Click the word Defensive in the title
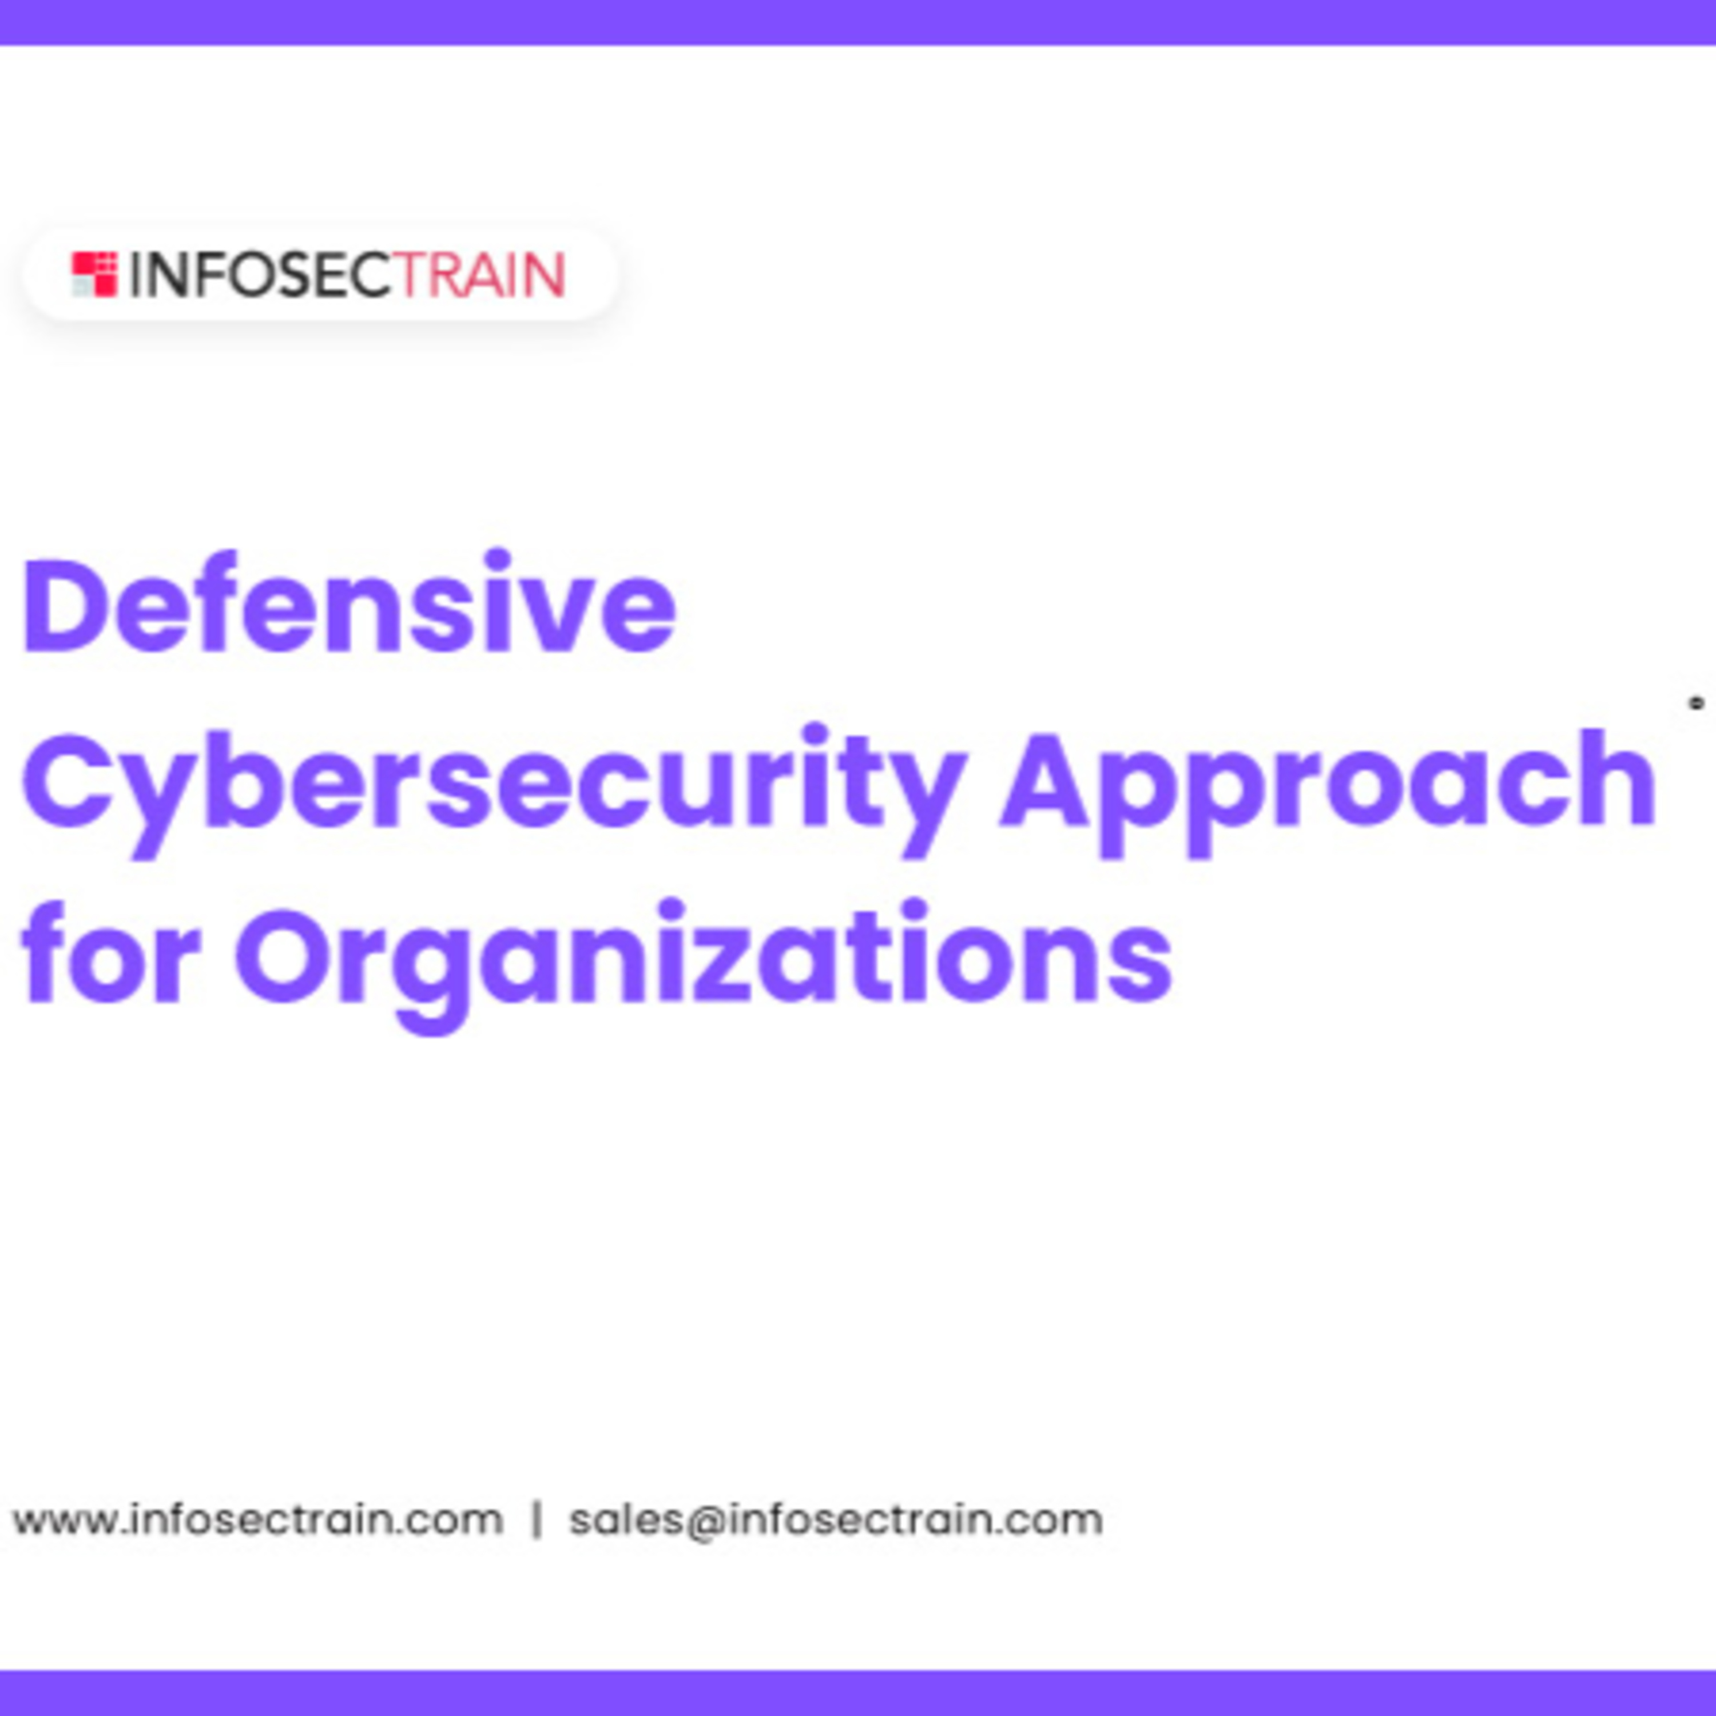(349, 605)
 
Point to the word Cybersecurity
(494, 781)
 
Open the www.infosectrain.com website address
(257, 1520)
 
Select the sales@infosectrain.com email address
(836, 1520)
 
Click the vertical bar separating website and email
(537, 1520)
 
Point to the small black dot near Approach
(1697, 704)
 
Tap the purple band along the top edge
(858, 21)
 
